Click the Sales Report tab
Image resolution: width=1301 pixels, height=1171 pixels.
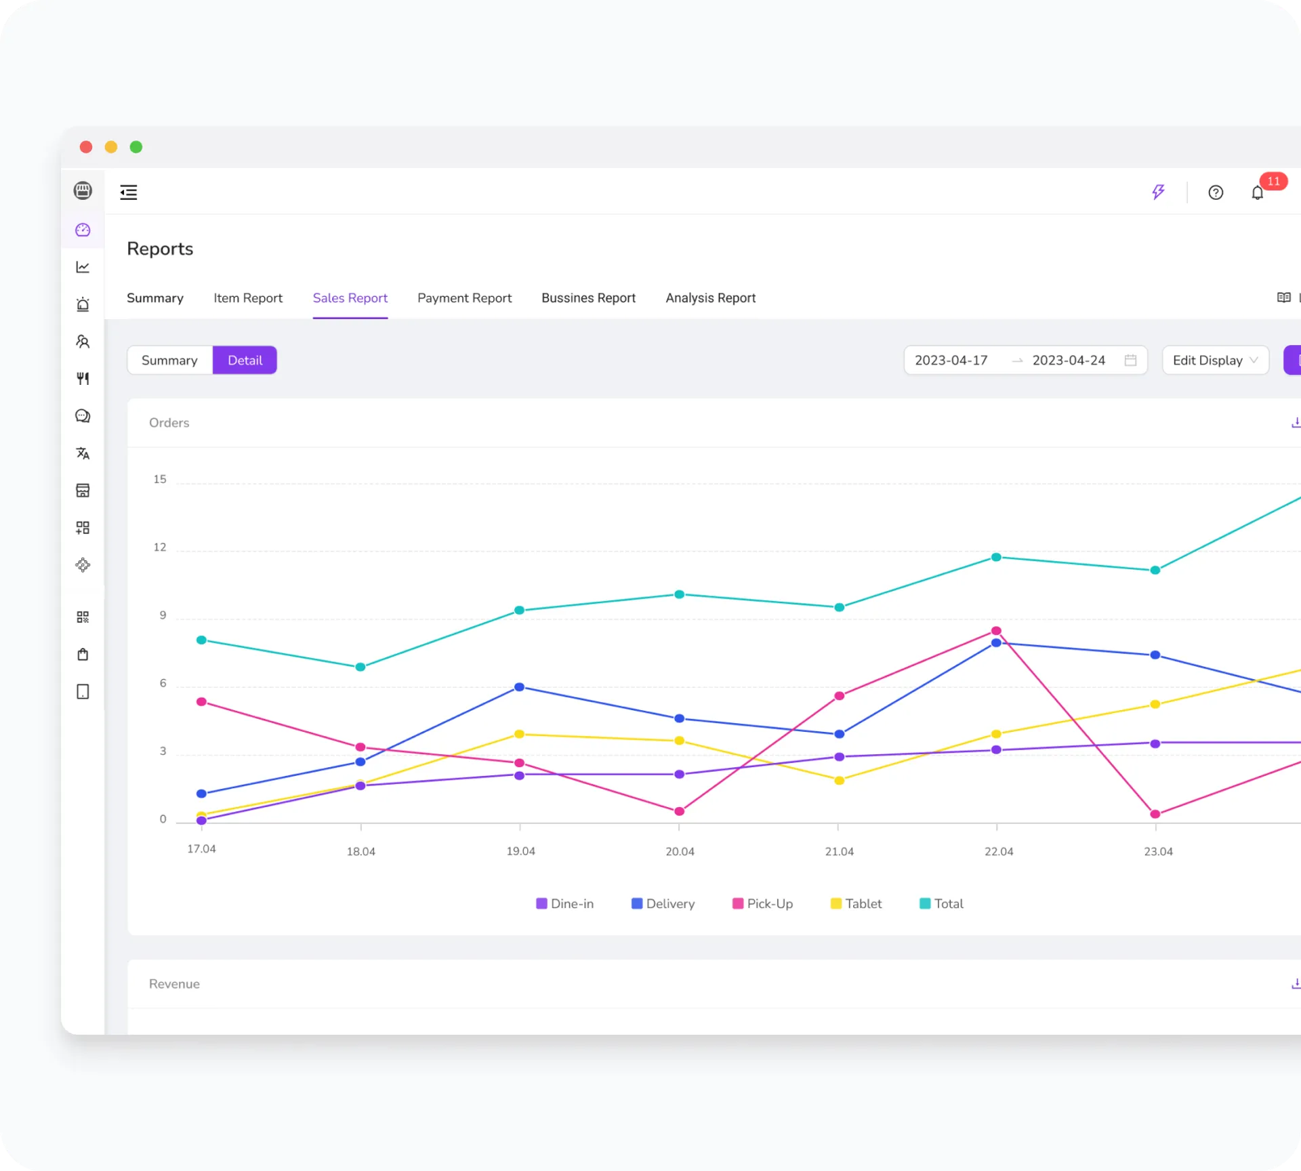[350, 298]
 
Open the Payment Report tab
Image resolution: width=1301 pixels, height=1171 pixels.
[464, 298]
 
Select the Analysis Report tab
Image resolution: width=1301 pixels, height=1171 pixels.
[710, 298]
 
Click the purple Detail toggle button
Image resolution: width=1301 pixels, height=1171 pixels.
[245, 361]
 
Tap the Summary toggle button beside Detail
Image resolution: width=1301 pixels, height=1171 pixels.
[169, 361]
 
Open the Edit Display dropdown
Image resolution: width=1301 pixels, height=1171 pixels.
[1215, 361]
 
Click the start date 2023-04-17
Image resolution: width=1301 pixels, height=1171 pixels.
[951, 361]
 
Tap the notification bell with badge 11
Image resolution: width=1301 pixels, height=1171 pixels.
[1257, 193]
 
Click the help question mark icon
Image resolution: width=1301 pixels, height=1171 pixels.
[1216, 193]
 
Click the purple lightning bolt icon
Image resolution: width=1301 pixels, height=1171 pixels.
[1158, 192]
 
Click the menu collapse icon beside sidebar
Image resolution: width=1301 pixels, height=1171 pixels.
[129, 192]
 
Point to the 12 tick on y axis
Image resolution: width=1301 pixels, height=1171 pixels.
[160, 548]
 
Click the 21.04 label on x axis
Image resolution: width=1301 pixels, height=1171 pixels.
[839, 852]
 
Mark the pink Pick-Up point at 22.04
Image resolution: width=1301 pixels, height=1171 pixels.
[996, 631]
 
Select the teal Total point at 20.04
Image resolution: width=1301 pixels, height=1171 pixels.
[679, 594]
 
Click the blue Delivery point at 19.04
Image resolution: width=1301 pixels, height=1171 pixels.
[520, 687]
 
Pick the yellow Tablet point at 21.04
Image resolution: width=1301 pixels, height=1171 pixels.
[839, 781]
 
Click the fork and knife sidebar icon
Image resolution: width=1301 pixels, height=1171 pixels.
[83, 379]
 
